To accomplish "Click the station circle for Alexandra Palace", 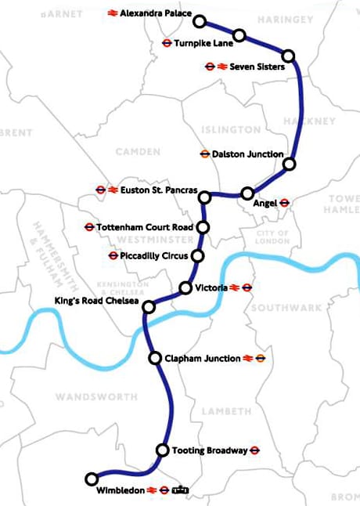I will point(200,21).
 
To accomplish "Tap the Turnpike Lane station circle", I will point(239,35).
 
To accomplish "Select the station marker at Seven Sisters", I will point(289,56).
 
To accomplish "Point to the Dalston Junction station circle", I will point(289,164).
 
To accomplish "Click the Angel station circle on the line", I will point(247,193).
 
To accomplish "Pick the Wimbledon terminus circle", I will point(92,478).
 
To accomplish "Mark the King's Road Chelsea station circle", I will point(148,307).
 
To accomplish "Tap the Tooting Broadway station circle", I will point(162,450).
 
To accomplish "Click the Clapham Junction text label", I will point(203,358).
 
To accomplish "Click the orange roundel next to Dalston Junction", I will point(205,154).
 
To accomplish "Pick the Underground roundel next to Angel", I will point(284,202).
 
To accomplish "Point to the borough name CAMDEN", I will point(137,151).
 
